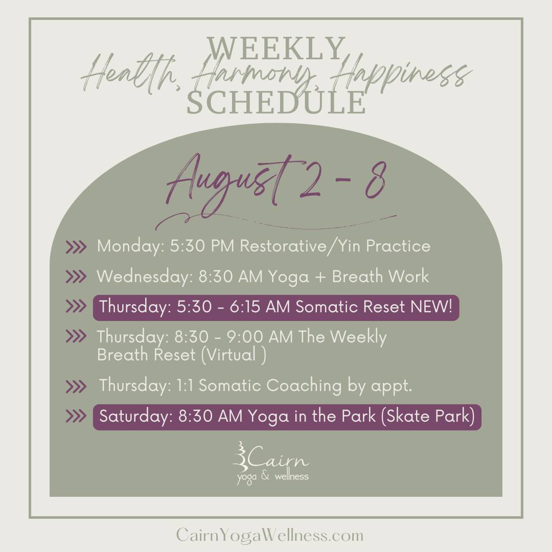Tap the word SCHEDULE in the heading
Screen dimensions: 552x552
tap(276, 102)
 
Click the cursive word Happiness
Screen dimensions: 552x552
tap(401, 76)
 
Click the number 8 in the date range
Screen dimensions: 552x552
tap(375, 180)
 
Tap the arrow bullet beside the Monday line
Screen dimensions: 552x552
tap(76, 247)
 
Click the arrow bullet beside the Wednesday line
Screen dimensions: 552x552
tap(76, 277)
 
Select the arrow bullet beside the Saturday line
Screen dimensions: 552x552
tap(76, 416)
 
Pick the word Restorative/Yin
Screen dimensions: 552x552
tap(301, 246)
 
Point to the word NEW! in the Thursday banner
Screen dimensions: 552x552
tap(431, 306)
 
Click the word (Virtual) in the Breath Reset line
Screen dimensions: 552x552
tap(234, 355)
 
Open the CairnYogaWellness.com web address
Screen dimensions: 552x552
tap(270, 535)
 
